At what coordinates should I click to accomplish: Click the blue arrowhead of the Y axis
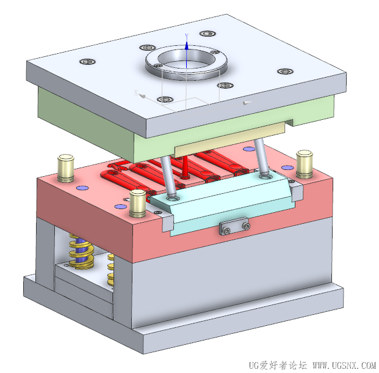click(187, 45)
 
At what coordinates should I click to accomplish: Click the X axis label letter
click(136, 93)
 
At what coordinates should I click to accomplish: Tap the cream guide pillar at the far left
click(66, 168)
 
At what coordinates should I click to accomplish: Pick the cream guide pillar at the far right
click(305, 164)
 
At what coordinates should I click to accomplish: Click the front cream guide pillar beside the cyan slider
click(137, 203)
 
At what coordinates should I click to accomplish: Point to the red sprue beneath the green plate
click(185, 167)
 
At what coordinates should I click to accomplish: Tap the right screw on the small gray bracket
click(247, 226)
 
